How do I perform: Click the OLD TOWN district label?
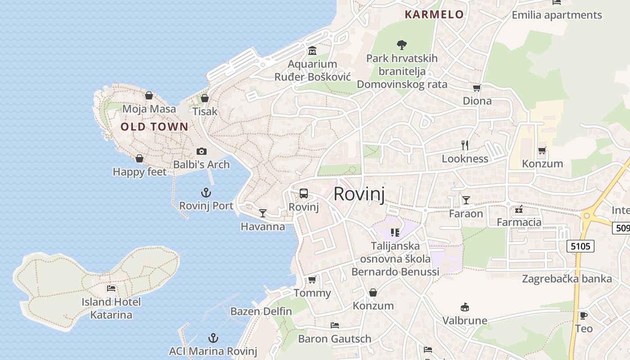154,127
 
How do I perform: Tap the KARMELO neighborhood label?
434,14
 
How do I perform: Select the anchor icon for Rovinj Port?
206,193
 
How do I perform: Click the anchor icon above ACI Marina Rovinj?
213,338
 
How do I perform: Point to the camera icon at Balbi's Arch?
202,151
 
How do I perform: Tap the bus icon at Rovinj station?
304,194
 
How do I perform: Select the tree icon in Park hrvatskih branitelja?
402,45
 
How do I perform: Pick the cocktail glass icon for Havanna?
263,213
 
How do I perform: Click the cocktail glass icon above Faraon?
466,200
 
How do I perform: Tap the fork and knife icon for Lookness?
465,145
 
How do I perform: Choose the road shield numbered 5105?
580,246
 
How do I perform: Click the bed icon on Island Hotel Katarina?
111,288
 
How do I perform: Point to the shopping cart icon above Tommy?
312,279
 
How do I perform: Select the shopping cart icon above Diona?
477,88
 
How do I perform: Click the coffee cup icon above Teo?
584,315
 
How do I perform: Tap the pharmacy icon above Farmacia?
519,209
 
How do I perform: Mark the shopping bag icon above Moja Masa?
149,95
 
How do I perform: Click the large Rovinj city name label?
359,194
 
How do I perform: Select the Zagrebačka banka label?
567,279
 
